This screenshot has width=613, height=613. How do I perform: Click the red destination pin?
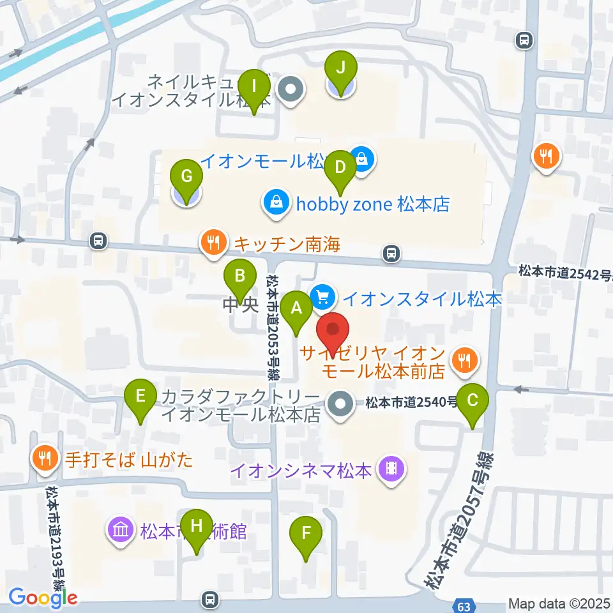tap(333, 331)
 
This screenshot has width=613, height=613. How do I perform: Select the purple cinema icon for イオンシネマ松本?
tap(391, 471)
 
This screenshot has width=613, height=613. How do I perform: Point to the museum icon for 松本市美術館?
tap(121, 530)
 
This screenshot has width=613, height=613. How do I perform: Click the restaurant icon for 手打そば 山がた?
tap(45, 458)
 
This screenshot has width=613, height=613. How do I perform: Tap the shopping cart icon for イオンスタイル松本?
tap(323, 296)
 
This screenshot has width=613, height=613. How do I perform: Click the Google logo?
tap(43, 598)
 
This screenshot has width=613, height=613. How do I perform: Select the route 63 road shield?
tap(464, 604)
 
